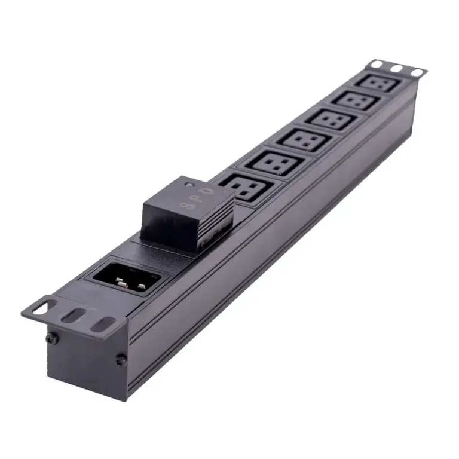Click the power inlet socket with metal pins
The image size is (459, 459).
coord(127,276)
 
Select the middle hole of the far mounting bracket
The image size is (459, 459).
coord(396,68)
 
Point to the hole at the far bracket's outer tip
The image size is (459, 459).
coord(414,72)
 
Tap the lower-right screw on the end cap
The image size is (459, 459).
coord(120,360)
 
